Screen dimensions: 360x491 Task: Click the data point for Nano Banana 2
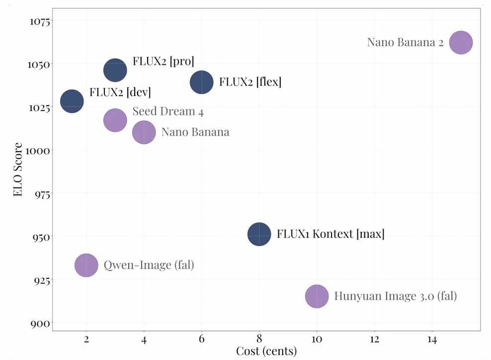tap(461, 42)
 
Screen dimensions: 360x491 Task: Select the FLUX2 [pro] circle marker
tap(115, 70)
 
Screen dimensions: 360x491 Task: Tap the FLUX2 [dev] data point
tap(72, 101)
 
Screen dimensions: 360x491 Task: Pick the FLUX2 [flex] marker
tap(201, 82)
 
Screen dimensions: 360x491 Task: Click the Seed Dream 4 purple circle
tap(115, 120)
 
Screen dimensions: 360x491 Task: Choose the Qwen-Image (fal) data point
tap(86, 265)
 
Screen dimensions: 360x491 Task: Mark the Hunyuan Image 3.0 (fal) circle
tap(317, 297)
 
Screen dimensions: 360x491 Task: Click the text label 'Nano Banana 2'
tap(405, 42)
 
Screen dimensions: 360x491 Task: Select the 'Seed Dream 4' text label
tap(168, 111)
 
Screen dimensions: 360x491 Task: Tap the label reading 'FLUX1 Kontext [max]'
tap(330, 234)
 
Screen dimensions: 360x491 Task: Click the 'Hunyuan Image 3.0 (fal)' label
tap(395, 296)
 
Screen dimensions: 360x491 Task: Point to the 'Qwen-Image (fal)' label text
tap(149, 265)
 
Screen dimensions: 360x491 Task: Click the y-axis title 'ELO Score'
tap(18, 169)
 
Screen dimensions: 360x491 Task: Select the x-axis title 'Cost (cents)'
tap(266, 352)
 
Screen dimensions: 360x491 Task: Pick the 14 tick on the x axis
tap(432, 339)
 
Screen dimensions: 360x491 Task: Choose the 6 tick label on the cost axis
tap(201, 339)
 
